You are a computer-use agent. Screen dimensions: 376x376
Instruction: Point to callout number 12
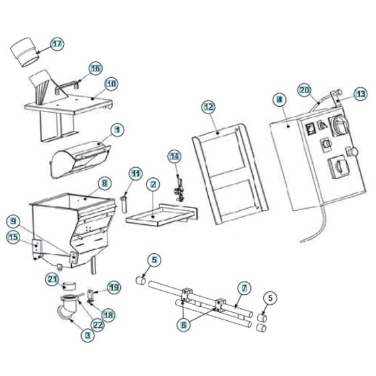click(x=207, y=106)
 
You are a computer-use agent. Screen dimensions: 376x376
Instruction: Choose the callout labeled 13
click(x=361, y=94)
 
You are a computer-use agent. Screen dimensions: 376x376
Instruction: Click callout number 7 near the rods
click(x=244, y=288)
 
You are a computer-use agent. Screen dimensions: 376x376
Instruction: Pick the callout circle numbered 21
click(x=52, y=279)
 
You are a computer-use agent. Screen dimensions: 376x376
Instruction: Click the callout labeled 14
click(x=175, y=156)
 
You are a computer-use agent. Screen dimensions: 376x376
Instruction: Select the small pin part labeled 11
click(x=125, y=203)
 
